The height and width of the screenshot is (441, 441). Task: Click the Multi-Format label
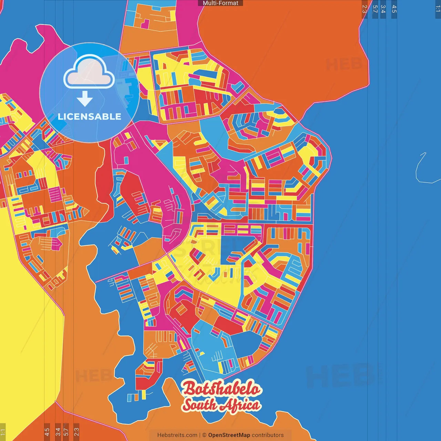[220, 3]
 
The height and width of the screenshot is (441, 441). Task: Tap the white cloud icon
[89, 72]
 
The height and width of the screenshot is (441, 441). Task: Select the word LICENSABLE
[90, 116]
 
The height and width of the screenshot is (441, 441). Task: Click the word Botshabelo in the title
[222, 389]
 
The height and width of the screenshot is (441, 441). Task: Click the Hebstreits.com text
[177, 435]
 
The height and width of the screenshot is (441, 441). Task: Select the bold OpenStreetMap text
[229, 435]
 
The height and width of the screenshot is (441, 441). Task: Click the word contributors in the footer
[268, 435]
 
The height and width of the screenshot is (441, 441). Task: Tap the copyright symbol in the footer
[204, 435]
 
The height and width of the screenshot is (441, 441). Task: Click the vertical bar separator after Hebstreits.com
[200, 435]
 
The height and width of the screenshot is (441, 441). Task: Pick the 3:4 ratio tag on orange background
[58, 432]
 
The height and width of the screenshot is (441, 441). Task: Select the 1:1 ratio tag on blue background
[438, 9]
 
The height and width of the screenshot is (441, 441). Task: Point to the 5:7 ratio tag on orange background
[66, 432]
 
